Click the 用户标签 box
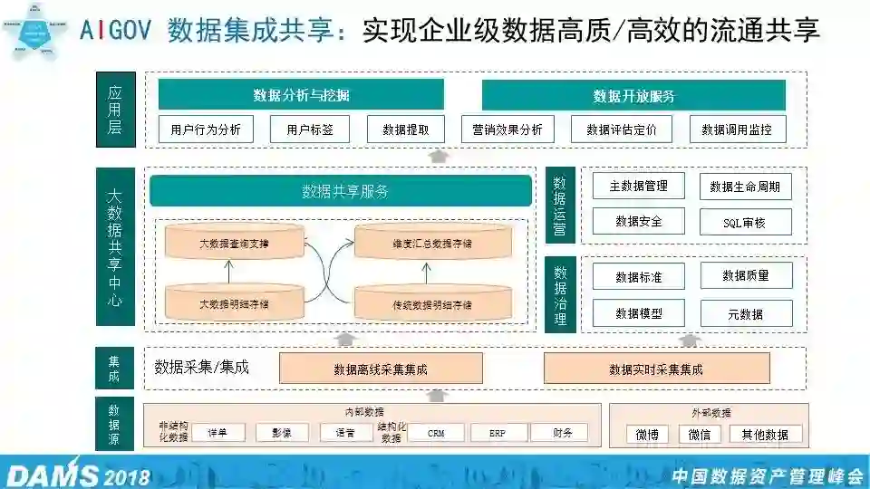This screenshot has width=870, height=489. coord(310,129)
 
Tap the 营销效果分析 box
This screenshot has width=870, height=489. coord(507,129)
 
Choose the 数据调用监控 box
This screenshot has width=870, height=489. coord(737,129)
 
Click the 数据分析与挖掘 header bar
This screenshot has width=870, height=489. coord(301,95)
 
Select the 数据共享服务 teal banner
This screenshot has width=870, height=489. coord(341,191)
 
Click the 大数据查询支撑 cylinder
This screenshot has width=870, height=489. coord(234,243)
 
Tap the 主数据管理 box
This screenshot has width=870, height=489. coord(638,186)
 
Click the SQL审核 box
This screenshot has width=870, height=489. coord(745,222)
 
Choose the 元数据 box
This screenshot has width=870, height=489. coord(745,313)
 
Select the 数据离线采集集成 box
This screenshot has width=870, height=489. coord(381,369)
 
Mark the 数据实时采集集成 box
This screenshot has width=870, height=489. coord(656,369)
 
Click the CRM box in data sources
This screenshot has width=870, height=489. coord(431,433)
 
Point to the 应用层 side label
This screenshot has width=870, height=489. coord(115,110)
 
